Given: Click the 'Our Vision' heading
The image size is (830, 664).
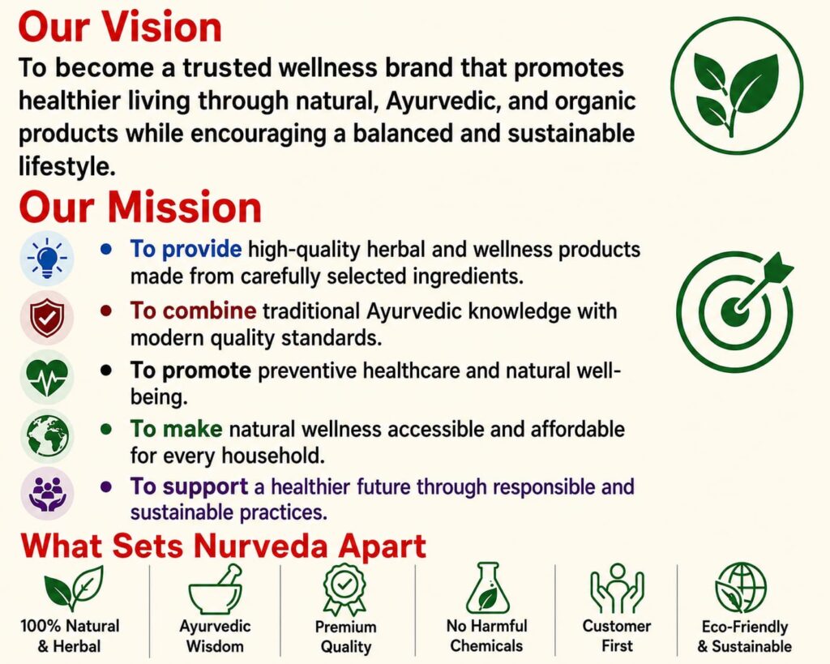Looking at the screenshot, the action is tap(120, 27).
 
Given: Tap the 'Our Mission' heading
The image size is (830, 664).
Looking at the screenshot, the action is tap(140, 207).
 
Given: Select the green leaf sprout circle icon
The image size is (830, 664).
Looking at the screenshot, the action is tap(736, 88).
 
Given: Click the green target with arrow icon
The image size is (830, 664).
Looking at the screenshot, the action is tap(735, 311).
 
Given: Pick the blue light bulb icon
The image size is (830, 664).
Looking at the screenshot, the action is tap(47, 259).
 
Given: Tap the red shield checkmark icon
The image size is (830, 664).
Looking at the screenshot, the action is tap(47, 318).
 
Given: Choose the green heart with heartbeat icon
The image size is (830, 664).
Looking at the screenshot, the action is tap(47, 377).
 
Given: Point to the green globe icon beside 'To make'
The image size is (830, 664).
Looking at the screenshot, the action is tap(47, 436).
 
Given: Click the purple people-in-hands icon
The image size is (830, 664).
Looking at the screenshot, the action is tap(47, 494).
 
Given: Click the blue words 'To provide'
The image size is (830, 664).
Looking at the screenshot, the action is tap(186, 250).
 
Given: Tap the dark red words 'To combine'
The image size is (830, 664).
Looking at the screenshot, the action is tap(193, 311).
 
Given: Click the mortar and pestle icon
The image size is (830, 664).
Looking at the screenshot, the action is tap(216, 589).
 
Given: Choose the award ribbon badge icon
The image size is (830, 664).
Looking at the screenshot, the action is tap(344, 589).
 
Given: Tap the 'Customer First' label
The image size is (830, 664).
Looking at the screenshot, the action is tap(617, 636).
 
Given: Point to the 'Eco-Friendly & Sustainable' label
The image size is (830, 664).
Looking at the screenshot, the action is tap(744, 636).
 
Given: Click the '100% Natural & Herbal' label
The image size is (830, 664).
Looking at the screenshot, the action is tap(70, 636).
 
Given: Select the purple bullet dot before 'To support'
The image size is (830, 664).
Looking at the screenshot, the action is tap(106, 486).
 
